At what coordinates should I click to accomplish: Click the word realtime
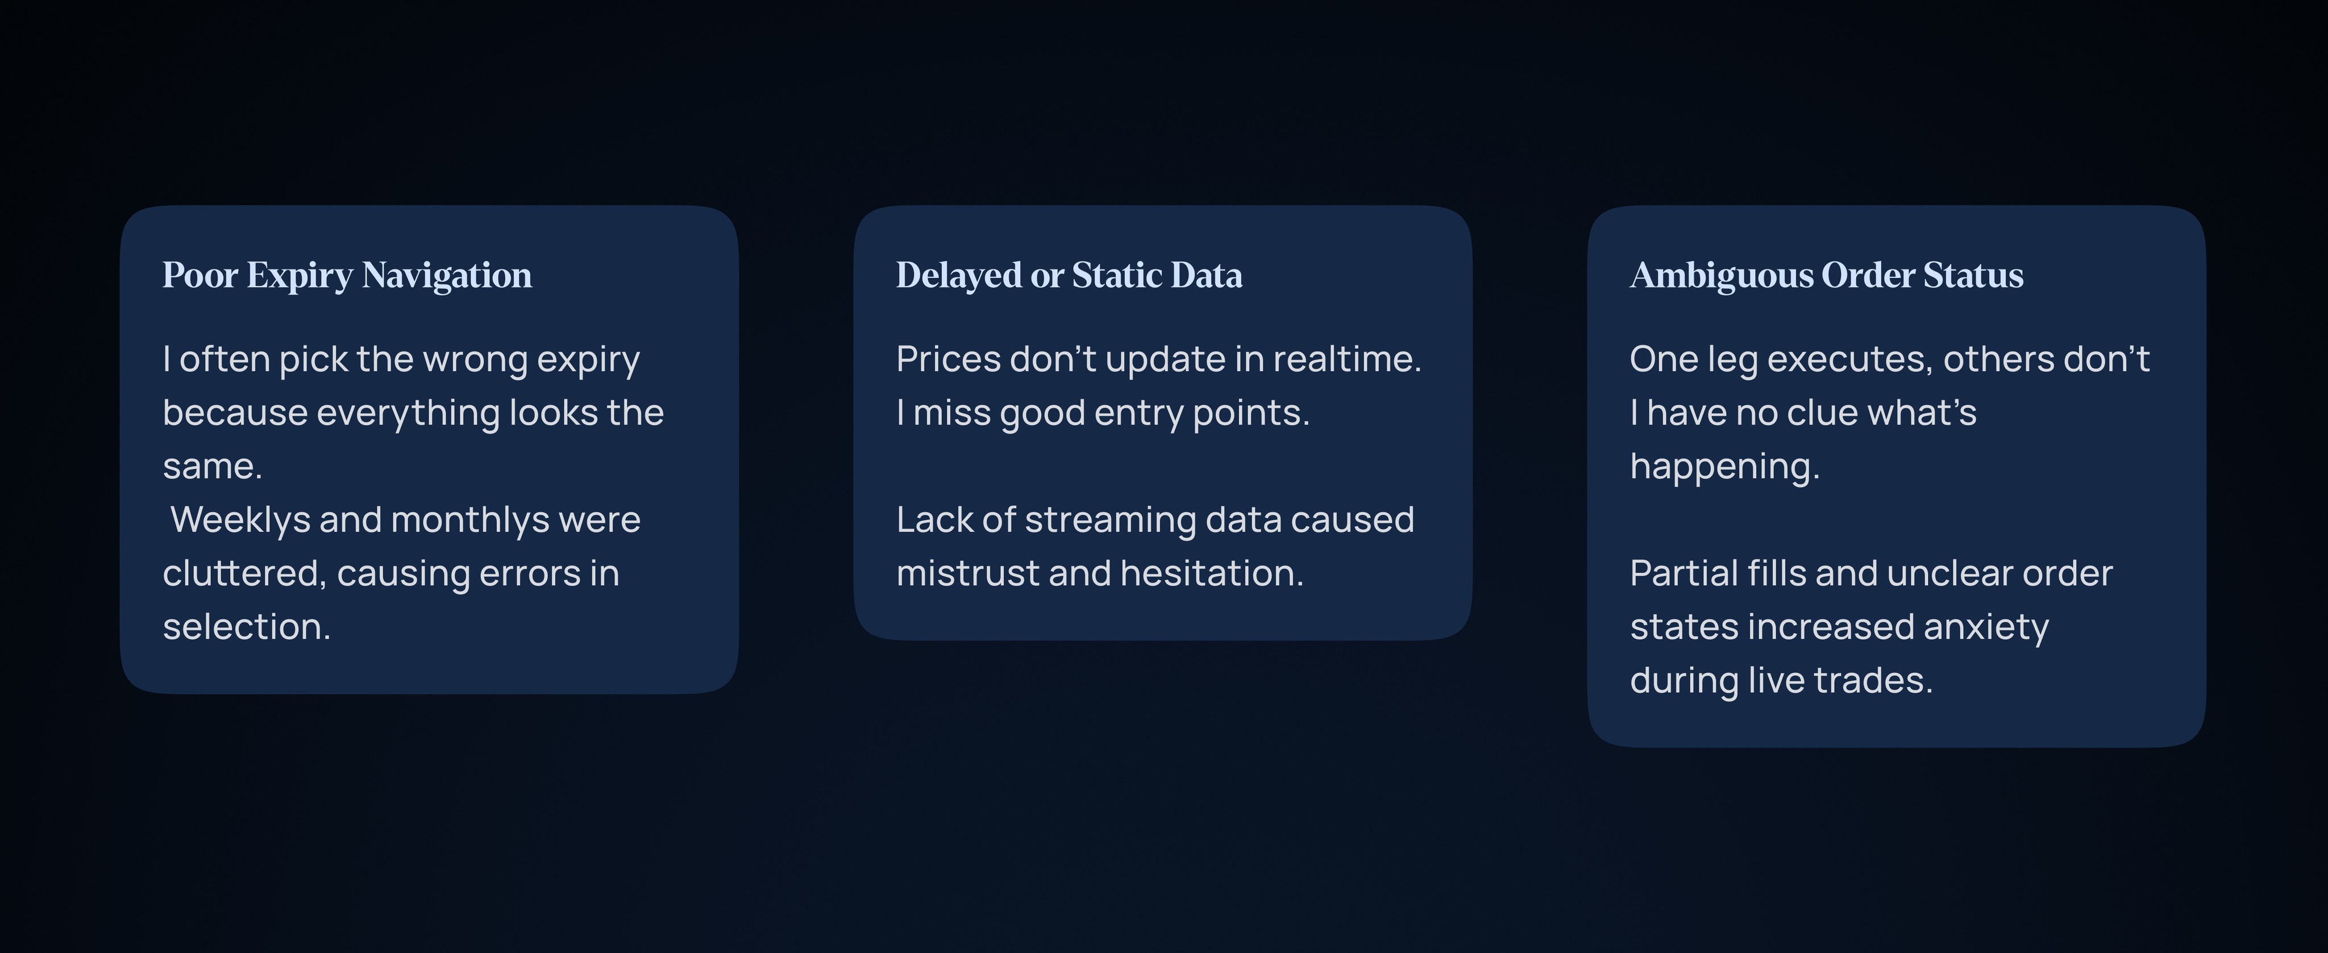1346,360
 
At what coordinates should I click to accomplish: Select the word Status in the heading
1973,274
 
